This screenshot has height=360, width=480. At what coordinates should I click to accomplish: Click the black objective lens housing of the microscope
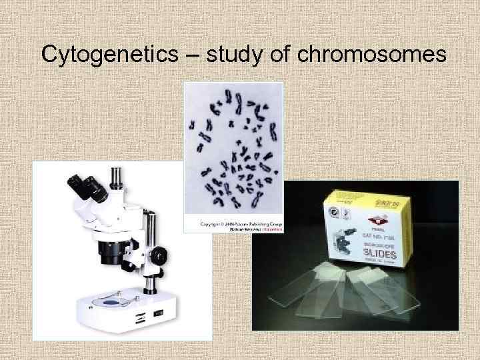click(x=108, y=249)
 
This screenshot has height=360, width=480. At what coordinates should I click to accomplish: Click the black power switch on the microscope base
click(x=158, y=311)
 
